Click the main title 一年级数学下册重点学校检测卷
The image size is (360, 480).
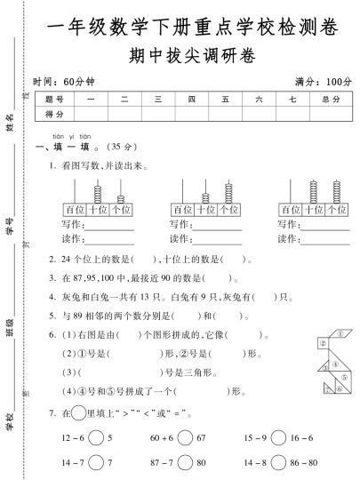coord(190,28)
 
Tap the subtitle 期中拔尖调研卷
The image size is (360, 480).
coord(190,56)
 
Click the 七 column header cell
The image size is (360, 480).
coord(285,100)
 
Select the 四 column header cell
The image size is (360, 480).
coord(191,100)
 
